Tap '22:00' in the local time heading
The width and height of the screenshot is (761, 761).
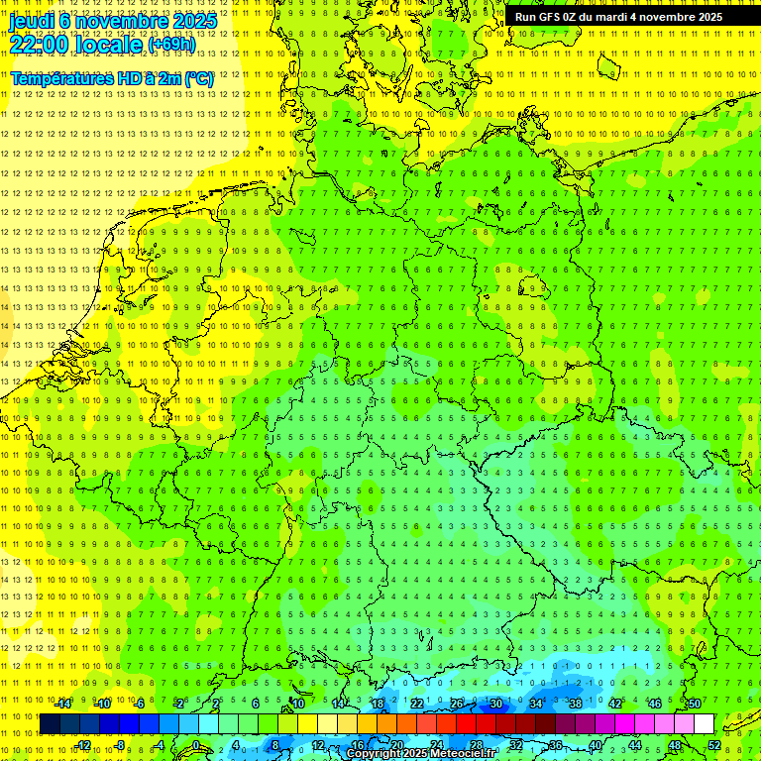click(x=39, y=44)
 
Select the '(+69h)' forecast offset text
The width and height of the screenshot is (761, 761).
click(x=171, y=45)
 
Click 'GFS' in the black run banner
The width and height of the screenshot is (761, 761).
click(x=550, y=17)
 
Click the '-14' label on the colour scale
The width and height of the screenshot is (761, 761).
click(x=63, y=704)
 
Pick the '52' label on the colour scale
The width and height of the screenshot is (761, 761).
click(x=715, y=745)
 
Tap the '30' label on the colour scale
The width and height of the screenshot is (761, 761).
click(x=496, y=704)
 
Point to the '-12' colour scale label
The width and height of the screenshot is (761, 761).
click(x=83, y=745)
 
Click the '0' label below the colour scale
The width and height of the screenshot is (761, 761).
click(x=196, y=745)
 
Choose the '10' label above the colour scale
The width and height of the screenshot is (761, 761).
click(x=297, y=704)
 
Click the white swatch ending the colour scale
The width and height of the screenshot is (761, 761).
click(x=705, y=724)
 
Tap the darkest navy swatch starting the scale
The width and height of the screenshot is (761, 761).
click(x=50, y=724)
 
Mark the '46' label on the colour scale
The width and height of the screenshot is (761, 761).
click(x=655, y=704)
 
